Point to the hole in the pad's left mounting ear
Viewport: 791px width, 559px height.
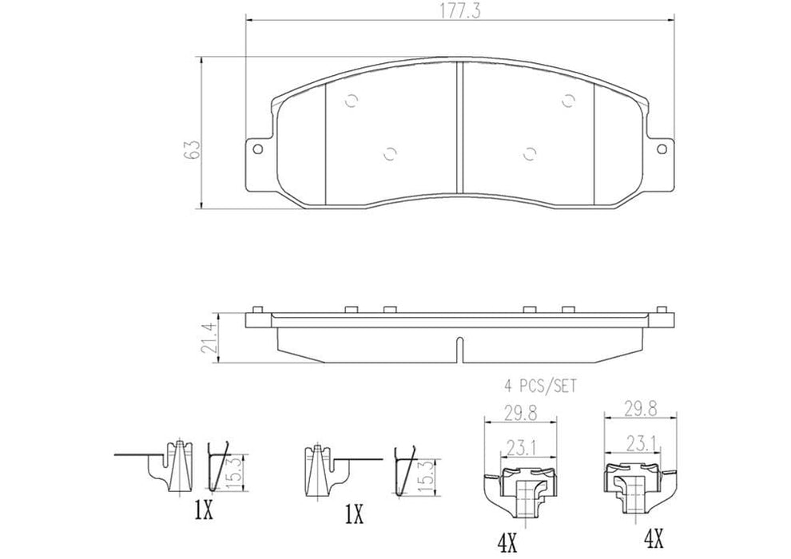point(257,148)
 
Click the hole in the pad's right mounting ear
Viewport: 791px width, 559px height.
point(662,148)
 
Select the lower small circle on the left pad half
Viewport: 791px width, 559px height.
point(389,154)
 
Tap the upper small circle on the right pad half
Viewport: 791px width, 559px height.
point(569,100)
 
